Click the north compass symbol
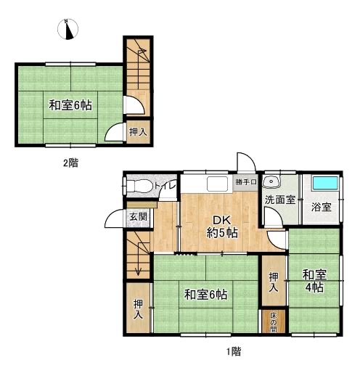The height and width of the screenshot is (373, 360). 67,29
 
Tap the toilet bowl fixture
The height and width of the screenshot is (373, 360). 139,186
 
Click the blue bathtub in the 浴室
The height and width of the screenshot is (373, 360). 325,183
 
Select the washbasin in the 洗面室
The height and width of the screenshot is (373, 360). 271,181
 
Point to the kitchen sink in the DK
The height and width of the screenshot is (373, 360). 217,184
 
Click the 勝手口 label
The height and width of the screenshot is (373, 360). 246,182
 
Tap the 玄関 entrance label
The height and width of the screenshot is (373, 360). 139,216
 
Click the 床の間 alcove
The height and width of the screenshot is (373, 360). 274,321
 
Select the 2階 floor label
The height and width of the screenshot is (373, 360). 70,163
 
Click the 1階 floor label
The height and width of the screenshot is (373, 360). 234,351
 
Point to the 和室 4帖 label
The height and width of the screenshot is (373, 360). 314,281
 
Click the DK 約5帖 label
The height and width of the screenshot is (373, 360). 222,226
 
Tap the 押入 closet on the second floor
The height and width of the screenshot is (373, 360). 138,132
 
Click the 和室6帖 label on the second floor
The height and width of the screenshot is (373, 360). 70,105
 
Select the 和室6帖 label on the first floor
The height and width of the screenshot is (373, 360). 205,295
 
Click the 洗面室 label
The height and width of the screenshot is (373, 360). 280,200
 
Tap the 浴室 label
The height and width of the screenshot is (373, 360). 322,207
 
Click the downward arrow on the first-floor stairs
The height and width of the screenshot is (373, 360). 138,258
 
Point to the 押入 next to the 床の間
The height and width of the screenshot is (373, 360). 274,282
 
